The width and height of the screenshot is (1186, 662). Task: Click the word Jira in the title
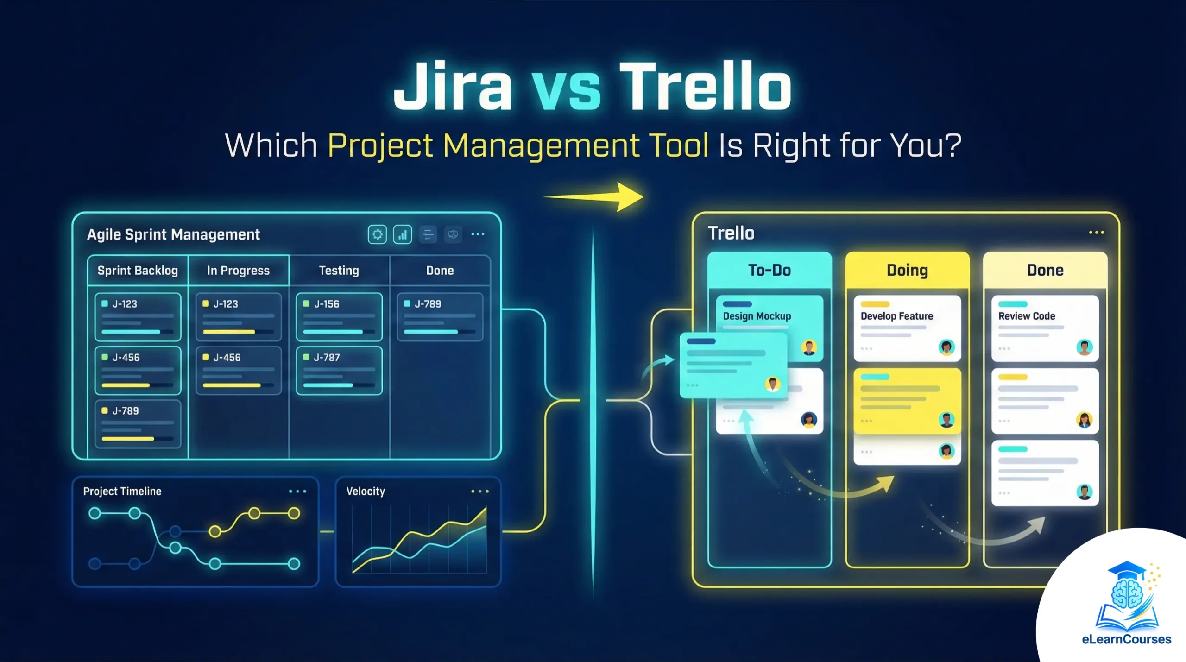tap(452, 87)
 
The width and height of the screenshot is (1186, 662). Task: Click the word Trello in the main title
tap(705, 87)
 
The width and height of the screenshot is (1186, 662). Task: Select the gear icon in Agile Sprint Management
tap(377, 234)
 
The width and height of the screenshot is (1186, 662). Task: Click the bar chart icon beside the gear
tap(402, 234)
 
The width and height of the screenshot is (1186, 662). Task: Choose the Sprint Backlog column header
tap(138, 271)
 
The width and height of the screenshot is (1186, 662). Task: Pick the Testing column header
tap(339, 271)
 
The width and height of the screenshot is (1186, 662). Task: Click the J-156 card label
tap(327, 304)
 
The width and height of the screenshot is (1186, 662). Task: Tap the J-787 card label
tap(327, 358)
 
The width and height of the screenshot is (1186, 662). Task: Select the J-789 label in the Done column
tap(428, 304)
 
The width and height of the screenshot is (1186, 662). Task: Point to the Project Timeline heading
tap(122, 491)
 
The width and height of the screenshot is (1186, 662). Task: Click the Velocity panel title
tap(366, 491)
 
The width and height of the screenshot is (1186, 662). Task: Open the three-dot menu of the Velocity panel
tap(479, 491)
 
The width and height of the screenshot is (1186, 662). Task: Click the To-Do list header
tap(770, 270)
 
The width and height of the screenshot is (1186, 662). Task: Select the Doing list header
tap(907, 270)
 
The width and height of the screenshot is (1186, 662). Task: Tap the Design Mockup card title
tap(757, 316)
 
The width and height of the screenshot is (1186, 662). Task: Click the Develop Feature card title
tap(897, 316)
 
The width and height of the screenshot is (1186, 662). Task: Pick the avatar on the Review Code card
tap(1084, 347)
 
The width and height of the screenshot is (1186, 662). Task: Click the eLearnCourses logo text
tap(1127, 639)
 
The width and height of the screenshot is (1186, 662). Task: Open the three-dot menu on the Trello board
tap(1096, 233)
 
